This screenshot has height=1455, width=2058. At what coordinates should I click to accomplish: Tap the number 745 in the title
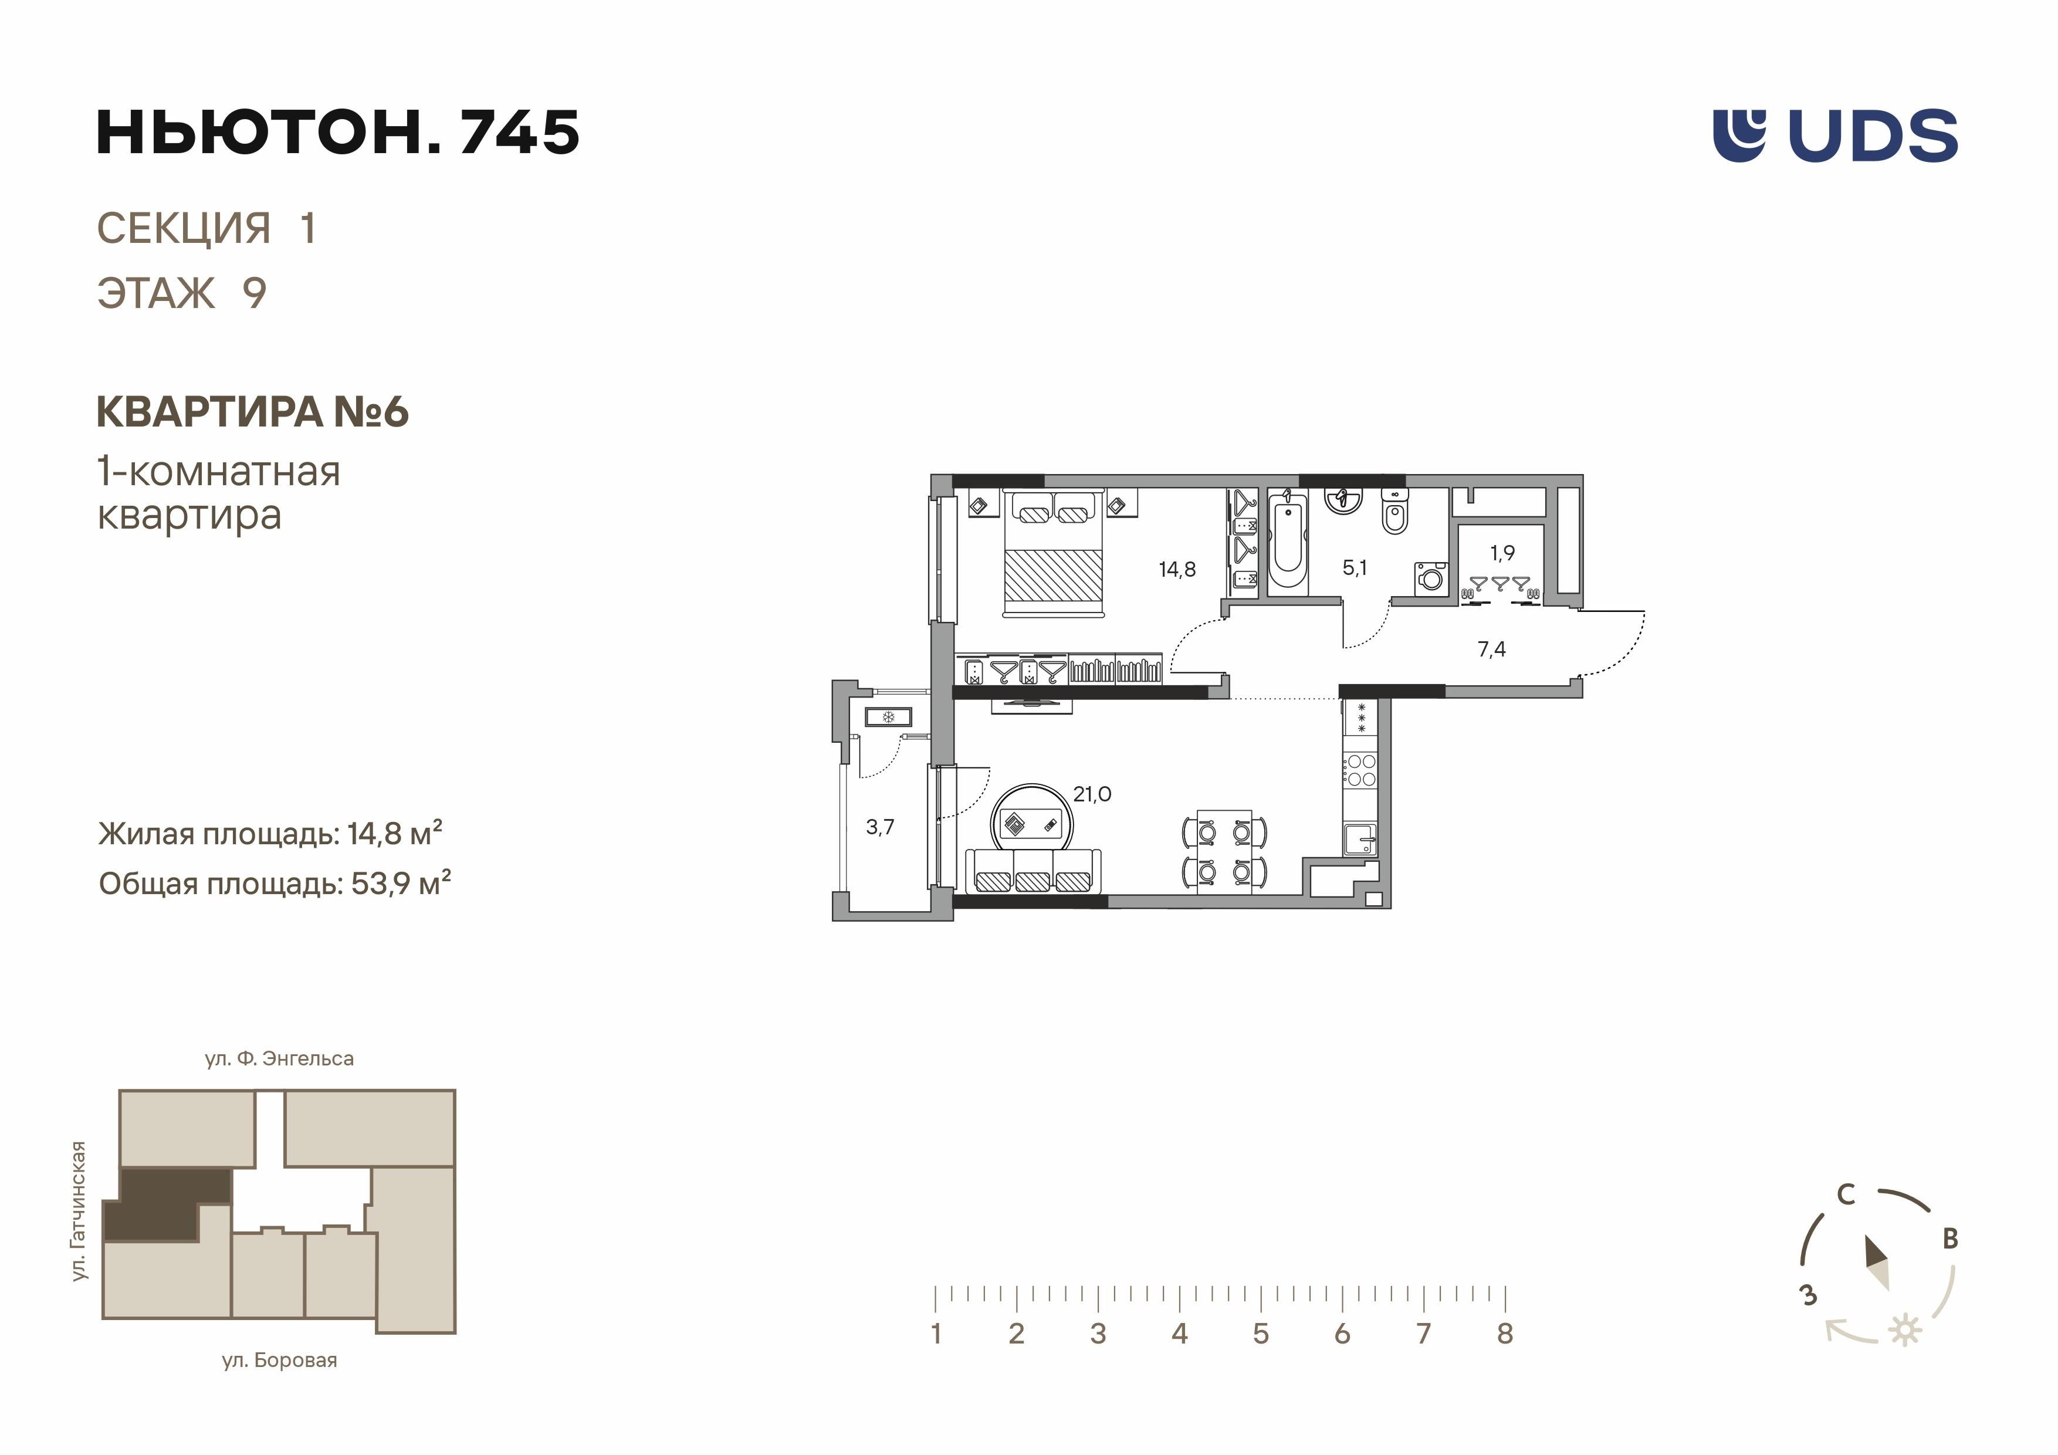pyautogui.click(x=520, y=132)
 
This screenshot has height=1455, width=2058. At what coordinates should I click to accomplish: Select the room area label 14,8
pyautogui.click(x=1177, y=569)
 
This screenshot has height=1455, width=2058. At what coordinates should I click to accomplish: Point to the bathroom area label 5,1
pyautogui.click(x=1355, y=567)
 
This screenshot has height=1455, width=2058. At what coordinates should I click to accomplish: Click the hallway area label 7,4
pyautogui.click(x=1491, y=649)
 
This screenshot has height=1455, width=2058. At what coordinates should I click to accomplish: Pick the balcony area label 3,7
pyautogui.click(x=880, y=827)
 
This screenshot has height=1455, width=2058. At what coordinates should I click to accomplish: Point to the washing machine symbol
pyautogui.click(x=1430, y=578)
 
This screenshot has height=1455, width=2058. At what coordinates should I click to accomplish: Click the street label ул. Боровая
pyautogui.click(x=280, y=1360)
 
